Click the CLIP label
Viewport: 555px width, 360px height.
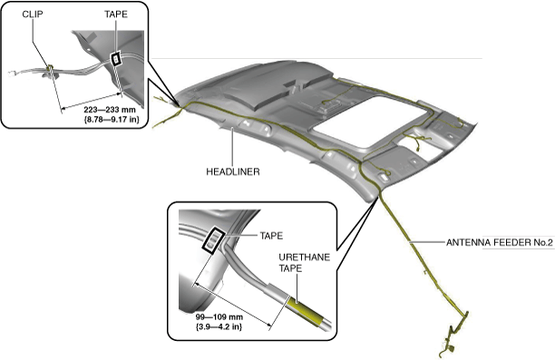[33, 15]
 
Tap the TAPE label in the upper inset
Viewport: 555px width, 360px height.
[116, 15]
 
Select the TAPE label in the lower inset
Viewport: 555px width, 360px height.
[271, 236]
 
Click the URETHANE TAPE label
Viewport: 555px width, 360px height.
[305, 263]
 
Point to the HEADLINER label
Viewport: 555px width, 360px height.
[233, 171]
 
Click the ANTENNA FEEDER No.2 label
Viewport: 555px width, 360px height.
[499, 242]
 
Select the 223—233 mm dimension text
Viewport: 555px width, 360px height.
[110, 110]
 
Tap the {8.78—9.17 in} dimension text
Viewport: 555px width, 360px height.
[112, 120]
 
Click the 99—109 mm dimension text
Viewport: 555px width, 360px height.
[219, 316]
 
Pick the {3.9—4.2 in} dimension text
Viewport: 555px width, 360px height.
[219, 326]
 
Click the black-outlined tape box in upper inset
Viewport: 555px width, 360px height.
[116, 58]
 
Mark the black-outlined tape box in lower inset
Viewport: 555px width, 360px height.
[213, 240]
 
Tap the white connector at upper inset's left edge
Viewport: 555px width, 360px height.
[12, 73]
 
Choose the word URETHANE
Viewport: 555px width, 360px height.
[305, 258]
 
